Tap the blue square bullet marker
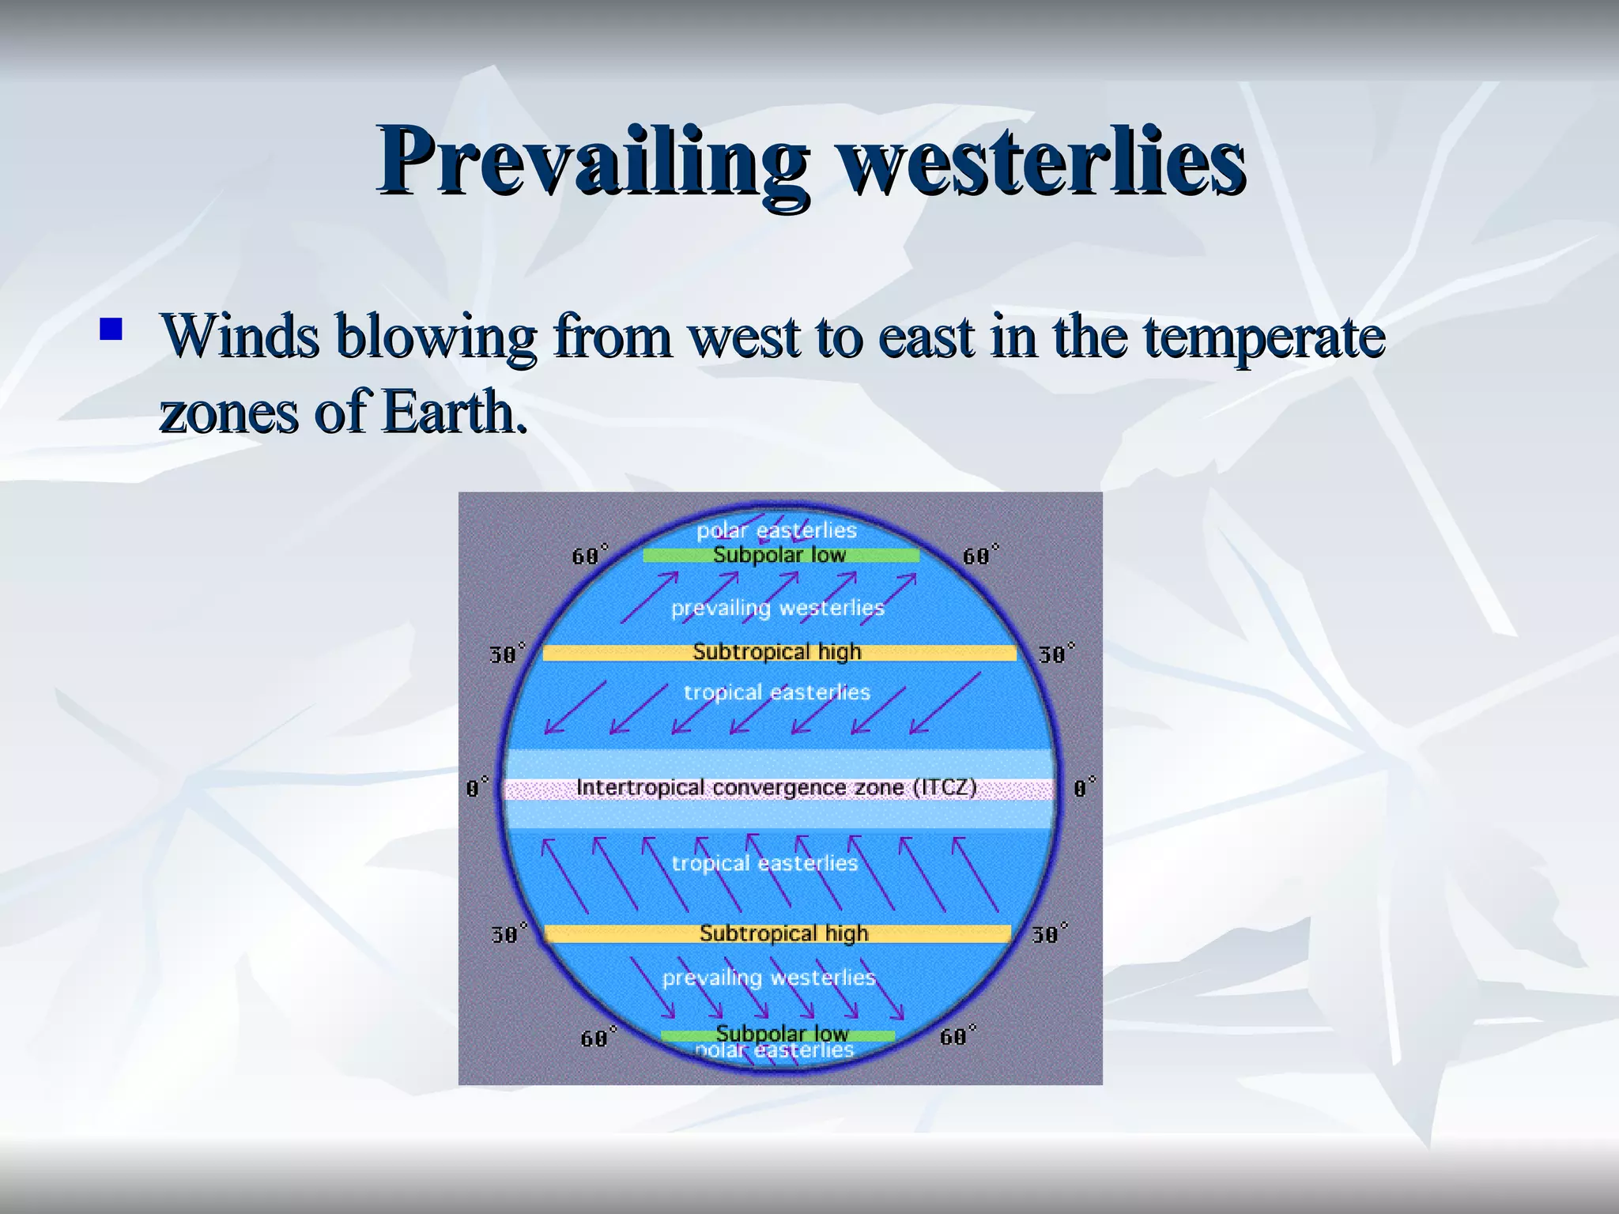click(111, 329)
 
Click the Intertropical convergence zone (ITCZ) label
click(776, 788)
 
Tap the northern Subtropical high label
click(776, 652)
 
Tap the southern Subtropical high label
click(783, 933)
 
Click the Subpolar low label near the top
click(779, 555)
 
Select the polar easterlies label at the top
click(776, 530)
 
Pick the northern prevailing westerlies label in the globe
click(777, 608)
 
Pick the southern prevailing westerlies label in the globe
click(768, 978)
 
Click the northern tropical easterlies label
click(776, 692)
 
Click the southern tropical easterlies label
click(764, 863)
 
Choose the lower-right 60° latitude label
click(957, 1036)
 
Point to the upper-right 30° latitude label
click(1056, 654)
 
